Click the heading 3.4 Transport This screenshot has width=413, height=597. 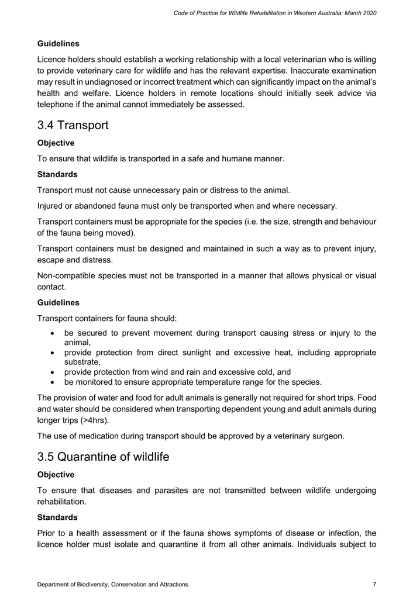coord(73,125)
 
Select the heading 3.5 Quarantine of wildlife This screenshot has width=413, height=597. coord(103,457)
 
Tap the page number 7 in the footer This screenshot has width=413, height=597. coord(374,584)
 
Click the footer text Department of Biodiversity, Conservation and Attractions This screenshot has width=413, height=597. coord(113,584)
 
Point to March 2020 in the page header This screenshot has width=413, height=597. coord(360,12)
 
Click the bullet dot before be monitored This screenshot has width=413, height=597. coord(53,382)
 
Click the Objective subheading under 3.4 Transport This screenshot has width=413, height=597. coord(56,143)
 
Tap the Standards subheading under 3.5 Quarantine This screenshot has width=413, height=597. coord(57,517)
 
